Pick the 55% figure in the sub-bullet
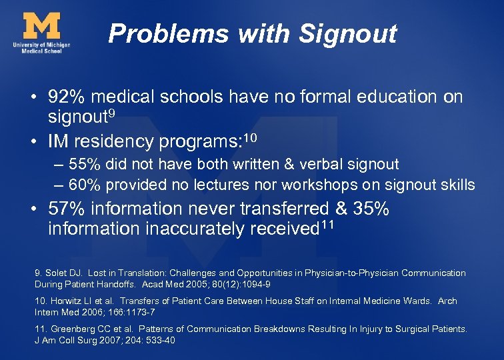point(83,164)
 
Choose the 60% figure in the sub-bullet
point(83,185)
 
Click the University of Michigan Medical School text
point(41,47)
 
